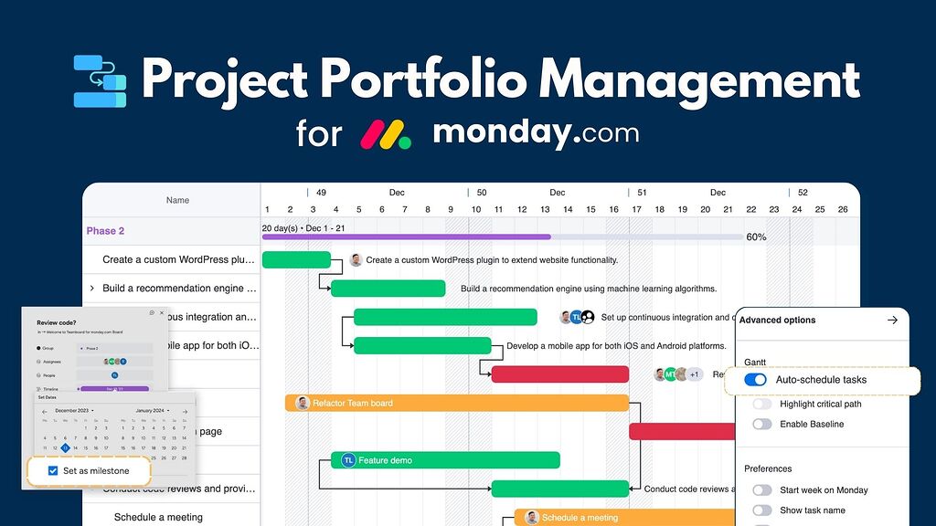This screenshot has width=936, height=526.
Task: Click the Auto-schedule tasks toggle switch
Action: tap(755, 380)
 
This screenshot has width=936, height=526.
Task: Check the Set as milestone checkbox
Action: tap(53, 471)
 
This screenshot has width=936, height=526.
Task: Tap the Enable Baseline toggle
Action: tap(761, 424)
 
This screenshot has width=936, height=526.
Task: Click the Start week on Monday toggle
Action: tap(761, 489)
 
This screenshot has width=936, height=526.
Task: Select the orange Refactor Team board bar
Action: tap(457, 403)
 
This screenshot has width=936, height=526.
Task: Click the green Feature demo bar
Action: tap(445, 460)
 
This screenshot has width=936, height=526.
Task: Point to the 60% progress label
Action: tap(756, 237)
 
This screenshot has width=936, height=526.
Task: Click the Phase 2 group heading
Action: tap(105, 231)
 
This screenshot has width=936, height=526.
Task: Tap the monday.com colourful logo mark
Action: tap(385, 134)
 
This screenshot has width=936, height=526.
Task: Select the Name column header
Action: tap(177, 200)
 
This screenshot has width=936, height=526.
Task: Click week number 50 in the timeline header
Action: tap(481, 193)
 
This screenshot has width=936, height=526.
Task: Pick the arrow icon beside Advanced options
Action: tap(892, 321)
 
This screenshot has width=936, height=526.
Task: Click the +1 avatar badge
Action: tap(695, 374)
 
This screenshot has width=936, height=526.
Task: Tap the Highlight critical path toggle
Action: tap(761, 404)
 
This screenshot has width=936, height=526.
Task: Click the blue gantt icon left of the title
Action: tap(100, 81)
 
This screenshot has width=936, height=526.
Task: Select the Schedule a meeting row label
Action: tap(158, 517)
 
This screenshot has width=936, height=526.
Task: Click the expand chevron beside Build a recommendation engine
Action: tap(91, 289)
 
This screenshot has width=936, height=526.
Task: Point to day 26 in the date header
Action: tap(843, 209)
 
